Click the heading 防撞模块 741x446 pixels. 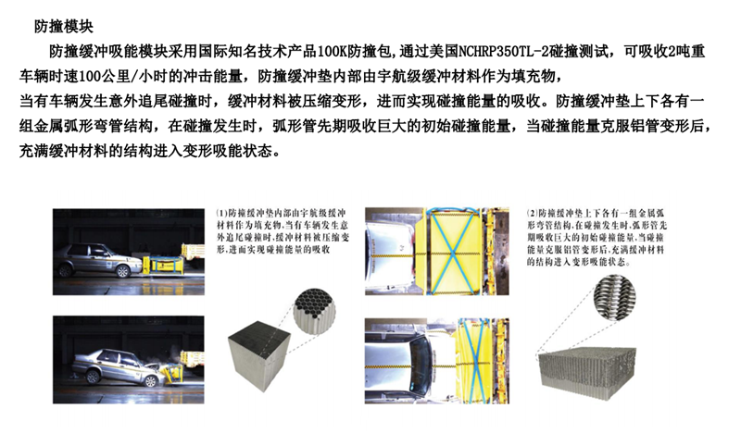pos(63,27)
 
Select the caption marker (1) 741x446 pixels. pos(221,214)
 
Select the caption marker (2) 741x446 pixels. pos(533,214)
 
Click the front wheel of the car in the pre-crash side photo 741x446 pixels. pos(123,271)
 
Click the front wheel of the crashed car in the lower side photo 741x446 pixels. pos(150,380)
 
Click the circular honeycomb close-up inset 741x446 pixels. pos(315,311)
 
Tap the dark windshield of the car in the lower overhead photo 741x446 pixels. pos(420,360)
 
